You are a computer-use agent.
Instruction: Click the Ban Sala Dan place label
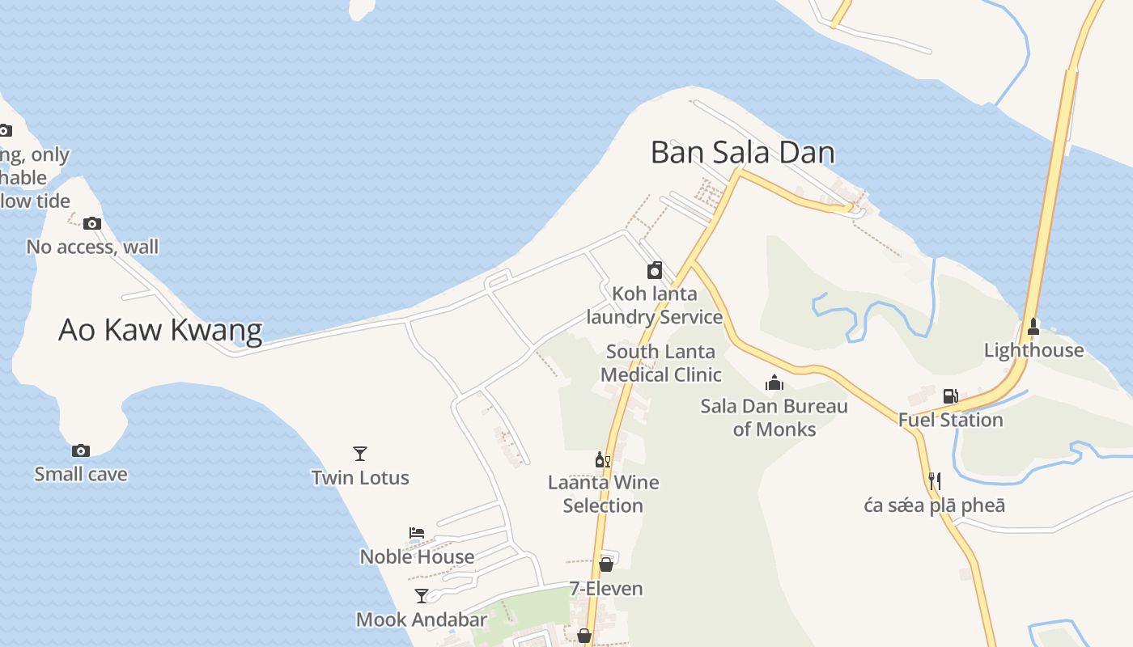coord(742,152)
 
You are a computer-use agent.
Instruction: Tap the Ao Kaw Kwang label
coord(160,330)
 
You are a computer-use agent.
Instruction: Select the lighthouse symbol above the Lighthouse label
coord(1033,328)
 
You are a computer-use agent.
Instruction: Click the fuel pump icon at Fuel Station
coord(950,396)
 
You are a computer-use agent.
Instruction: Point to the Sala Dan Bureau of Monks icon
coord(774,383)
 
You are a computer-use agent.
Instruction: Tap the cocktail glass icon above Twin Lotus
coord(360,454)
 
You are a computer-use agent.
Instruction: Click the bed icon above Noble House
coord(417,533)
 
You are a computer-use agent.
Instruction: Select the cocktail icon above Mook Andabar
coord(422,596)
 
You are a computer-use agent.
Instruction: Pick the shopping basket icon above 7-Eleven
coord(606,565)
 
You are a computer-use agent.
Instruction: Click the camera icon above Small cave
coord(81,450)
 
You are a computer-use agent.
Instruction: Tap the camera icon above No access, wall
coord(92,223)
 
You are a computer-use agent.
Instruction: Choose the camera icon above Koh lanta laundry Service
coord(655,270)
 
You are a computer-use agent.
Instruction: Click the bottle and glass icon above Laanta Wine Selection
coord(602,460)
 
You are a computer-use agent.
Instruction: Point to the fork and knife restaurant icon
coord(934,481)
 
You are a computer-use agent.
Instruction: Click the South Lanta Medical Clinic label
coord(660,363)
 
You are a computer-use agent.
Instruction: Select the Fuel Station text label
coord(950,420)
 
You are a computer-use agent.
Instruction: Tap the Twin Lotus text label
coord(360,477)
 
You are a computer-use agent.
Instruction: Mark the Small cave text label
coord(81,474)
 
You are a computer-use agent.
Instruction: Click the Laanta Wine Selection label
coord(603,494)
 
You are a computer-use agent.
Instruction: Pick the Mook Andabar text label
coord(422,620)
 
